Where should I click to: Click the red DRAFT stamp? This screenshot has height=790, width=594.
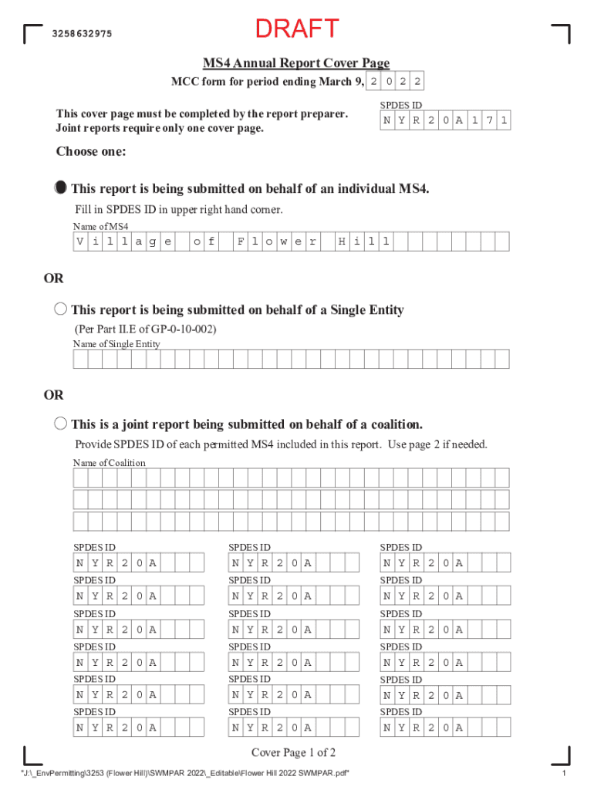click(297, 29)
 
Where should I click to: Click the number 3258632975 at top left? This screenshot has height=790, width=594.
click(82, 34)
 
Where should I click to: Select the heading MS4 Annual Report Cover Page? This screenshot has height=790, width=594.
click(296, 63)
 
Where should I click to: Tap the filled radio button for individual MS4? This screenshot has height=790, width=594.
click(61, 188)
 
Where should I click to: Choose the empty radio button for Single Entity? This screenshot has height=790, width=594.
click(61, 309)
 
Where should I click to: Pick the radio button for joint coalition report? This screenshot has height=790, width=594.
click(61, 424)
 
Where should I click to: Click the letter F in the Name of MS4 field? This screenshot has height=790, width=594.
click(241, 241)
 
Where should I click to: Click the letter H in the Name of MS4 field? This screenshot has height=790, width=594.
click(341, 241)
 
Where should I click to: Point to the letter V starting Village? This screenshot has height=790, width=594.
click(80, 241)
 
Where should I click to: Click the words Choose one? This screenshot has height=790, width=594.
click(91, 152)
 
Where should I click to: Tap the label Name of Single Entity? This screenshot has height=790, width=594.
click(116, 343)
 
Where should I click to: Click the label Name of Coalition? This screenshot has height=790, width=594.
click(109, 462)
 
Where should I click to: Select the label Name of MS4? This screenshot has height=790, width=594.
click(100, 226)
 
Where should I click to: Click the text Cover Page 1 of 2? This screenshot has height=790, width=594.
click(293, 753)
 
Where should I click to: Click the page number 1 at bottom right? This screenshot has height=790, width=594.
click(565, 774)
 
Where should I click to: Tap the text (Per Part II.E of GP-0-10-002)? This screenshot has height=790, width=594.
click(145, 329)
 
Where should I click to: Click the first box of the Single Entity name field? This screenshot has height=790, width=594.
click(80, 359)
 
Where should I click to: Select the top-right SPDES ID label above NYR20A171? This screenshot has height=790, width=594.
click(401, 105)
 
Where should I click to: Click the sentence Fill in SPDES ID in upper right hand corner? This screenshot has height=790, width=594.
click(178, 209)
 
